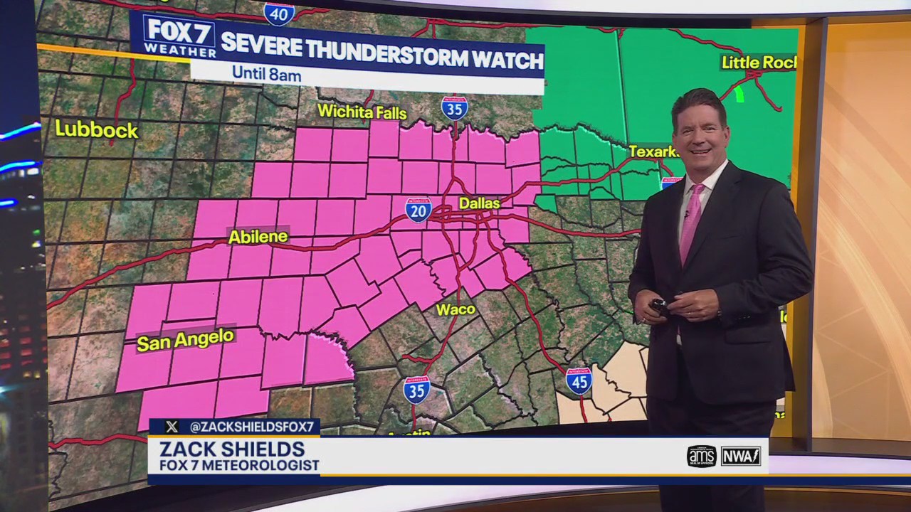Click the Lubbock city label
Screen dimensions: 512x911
click(96, 129)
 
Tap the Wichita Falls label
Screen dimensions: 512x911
click(362, 112)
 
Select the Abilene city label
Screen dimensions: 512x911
click(258, 237)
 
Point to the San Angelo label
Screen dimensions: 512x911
click(185, 340)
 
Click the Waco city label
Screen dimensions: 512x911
click(455, 309)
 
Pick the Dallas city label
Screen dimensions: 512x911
click(479, 203)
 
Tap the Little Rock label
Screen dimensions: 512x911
click(758, 63)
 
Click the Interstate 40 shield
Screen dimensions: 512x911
click(279, 14)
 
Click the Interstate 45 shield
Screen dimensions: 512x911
click(579, 381)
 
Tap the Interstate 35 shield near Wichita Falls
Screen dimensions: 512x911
click(454, 108)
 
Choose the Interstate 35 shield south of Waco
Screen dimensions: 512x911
click(416, 390)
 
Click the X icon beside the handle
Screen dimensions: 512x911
click(172, 427)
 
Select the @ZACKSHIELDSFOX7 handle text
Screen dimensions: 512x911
click(251, 427)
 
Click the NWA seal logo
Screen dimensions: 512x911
click(741, 456)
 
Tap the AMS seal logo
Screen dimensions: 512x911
click(701, 456)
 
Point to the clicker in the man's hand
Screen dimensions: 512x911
click(659, 306)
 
